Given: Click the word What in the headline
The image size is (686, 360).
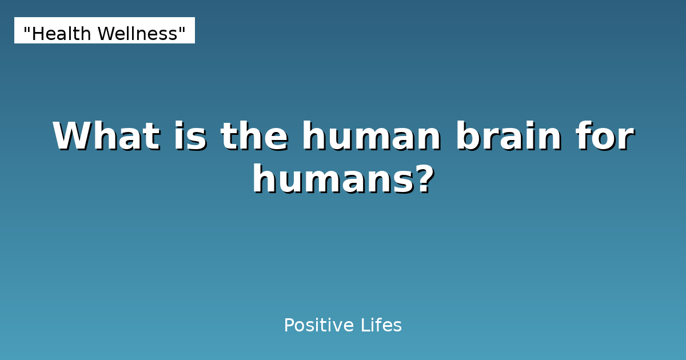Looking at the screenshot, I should [x=106, y=137].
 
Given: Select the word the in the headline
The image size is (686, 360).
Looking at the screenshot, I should [x=254, y=137].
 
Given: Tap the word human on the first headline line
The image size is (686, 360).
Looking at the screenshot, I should [x=372, y=137].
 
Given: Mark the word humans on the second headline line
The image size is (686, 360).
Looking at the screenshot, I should [x=331, y=179].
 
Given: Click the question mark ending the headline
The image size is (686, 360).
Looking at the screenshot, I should [x=423, y=179].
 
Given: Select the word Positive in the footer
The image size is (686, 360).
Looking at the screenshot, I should [x=318, y=326].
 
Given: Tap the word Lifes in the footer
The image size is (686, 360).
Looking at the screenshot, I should [x=381, y=326].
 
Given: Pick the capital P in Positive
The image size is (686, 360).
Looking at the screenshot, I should [x=289, y=326].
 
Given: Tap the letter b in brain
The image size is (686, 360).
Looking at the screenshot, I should [x=466, y=137].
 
